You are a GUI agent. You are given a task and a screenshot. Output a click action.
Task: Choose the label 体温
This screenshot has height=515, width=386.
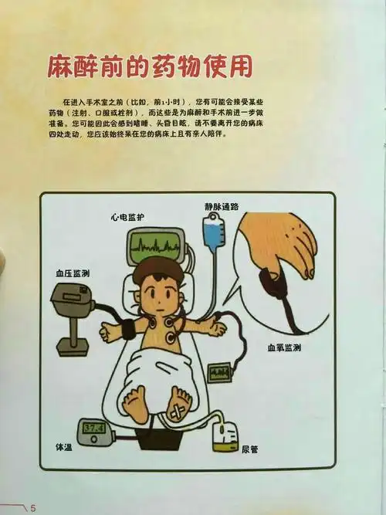click(64, 448)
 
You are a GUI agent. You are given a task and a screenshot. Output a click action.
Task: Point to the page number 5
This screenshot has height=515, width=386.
click(33, 507)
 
